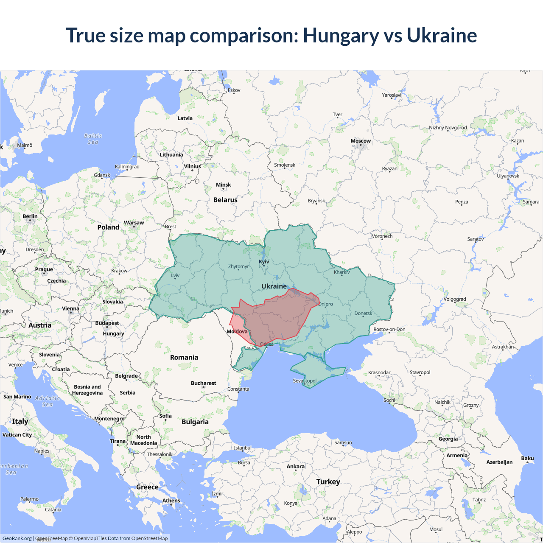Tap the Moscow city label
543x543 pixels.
pyautogui.click(x=361, y=141)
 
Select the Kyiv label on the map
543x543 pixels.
pyautogui.click(x=264, y=262)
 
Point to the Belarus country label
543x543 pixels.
pyautogui.click(x=225, y=200)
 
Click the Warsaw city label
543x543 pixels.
pyautogui.click(x=134, y=223)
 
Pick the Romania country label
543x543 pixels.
pyautogui.click(x=184, y=358)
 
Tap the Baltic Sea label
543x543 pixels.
pyautogui.click(x=93, y=139)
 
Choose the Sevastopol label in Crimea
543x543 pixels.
pyautogui.click(x=305, y=381)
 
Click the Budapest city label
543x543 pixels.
pyautogui.click(x=107, y=323)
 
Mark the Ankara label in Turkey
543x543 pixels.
pyautogui.click(x=296, y=467)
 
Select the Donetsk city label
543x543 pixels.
pyautogui.click(x=363, y=313)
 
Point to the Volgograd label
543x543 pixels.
pyautogui.click(x=455, y=299)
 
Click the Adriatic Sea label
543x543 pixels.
pyautogui.click(x=48, y=401)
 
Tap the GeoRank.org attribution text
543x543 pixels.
pyautogui.click(x=17, y=538)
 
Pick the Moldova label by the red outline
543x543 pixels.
pyautogui.click(x=237, y=332)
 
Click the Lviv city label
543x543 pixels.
pyautogui.click(x=175, y=276)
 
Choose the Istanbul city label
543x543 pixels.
pyautogui.click(x=243, y=448)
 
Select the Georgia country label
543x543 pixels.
pyautogui.click(x=448, y=439)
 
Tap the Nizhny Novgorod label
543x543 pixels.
pyautogui.click(x=448, y=128)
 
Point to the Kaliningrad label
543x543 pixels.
pyautogui.click(x=127, y=167)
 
